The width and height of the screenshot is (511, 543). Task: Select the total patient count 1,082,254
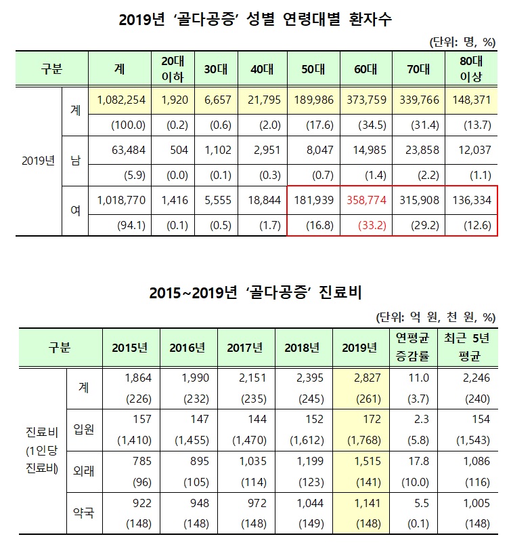point(121,100)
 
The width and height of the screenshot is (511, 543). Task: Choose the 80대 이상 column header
point(470,68)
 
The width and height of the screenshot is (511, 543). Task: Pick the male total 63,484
point(127,150)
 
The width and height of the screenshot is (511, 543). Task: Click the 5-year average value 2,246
point(468,377)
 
